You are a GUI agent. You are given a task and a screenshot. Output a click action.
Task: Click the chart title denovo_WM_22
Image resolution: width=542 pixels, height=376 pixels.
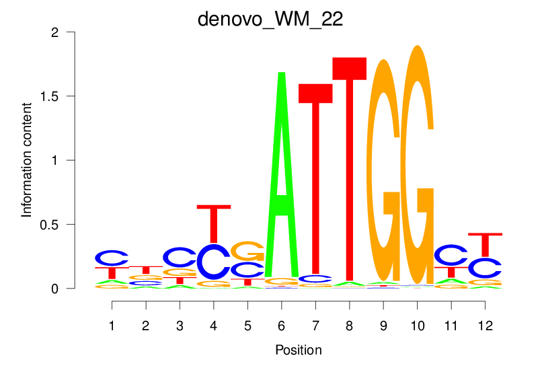(x=270, y=19)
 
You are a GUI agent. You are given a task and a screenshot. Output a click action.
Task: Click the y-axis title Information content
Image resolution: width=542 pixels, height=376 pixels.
(x=27, y=159)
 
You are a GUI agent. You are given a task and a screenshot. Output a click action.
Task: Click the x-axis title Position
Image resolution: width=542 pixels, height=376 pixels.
(x=298, y=350)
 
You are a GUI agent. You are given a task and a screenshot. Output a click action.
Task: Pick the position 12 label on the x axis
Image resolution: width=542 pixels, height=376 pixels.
(x=485, y=326)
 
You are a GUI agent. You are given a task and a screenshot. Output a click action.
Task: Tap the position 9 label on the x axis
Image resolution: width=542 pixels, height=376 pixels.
(x=383, y=326)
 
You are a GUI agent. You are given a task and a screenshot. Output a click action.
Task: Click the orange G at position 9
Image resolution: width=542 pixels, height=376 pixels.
(x=383, y=168)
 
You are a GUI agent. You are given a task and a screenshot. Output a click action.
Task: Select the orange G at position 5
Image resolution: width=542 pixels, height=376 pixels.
(x=247, y=251)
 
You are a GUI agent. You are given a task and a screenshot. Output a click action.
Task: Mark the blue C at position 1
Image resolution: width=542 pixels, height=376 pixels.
(x=112, y=258)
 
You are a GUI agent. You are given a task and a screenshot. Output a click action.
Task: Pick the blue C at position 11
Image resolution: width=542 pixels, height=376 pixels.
(x=451, y=255)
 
